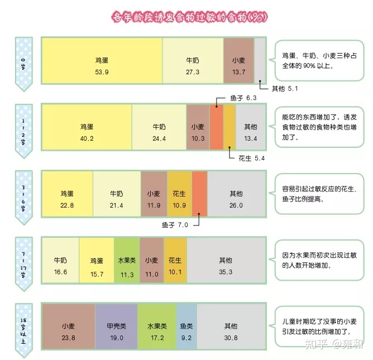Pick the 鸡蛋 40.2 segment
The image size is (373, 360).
click(x=87, y=127)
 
